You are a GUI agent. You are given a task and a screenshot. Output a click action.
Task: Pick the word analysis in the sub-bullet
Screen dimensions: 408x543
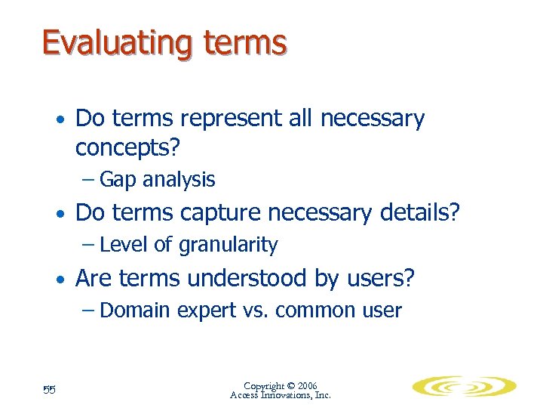pos(179,180)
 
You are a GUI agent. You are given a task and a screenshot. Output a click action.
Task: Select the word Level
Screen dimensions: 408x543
pos(121,245)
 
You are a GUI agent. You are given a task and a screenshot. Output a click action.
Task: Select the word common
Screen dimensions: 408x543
pos(314,311)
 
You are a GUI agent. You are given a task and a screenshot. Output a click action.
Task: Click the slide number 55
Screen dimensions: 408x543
pos(51,389)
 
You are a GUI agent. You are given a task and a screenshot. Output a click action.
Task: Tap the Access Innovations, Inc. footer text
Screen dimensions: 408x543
pos(281,395)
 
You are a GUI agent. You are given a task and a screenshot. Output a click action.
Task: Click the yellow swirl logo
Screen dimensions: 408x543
pos(462,387)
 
